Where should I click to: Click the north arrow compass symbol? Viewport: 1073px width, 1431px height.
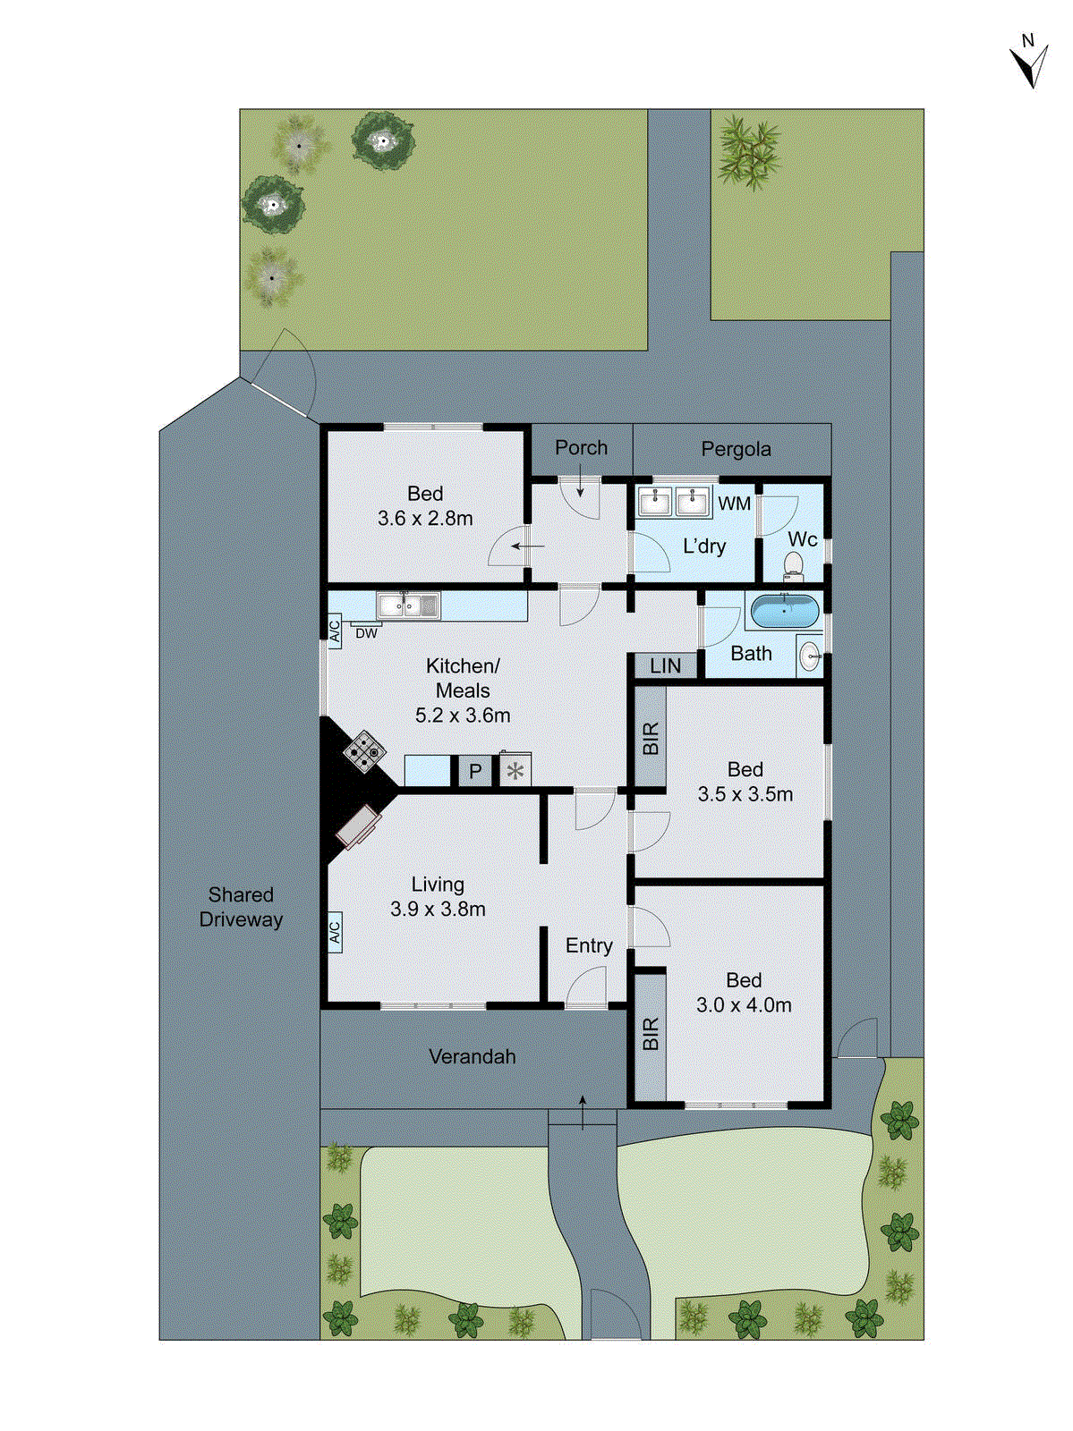1030,63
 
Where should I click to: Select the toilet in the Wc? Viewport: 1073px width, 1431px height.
793,563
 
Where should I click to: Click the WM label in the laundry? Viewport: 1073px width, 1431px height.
734,504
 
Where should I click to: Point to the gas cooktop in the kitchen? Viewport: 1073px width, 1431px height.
365,751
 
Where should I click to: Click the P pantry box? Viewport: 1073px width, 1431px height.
475,771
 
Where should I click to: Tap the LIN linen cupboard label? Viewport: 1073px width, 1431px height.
665,665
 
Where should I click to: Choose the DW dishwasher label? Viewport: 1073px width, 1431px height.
367,633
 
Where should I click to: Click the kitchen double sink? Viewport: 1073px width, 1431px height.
408,605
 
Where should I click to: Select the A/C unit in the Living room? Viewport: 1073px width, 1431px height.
335,931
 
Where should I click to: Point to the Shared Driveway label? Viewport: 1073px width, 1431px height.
241,907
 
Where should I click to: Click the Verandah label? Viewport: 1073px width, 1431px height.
473,1056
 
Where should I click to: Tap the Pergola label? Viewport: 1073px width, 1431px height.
736,449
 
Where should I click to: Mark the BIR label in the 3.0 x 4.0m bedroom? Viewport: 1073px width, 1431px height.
651,1033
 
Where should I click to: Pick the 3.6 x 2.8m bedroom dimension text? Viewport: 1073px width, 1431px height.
425,518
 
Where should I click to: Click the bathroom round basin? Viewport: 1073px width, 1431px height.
809,656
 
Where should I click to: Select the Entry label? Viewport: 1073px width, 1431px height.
589,945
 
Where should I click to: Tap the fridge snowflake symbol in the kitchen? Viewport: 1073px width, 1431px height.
515,770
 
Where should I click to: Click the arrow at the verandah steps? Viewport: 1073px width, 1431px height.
583,1112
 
